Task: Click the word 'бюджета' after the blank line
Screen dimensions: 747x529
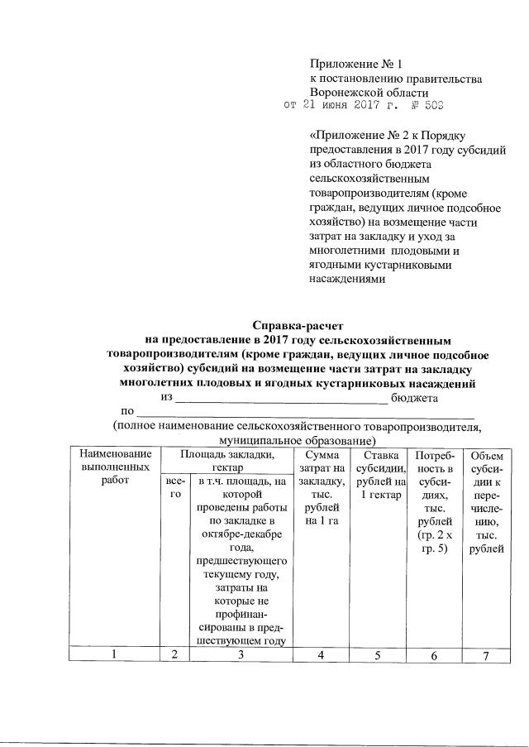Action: [x=414, y=397]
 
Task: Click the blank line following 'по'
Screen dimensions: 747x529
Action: [x=306, y=412]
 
